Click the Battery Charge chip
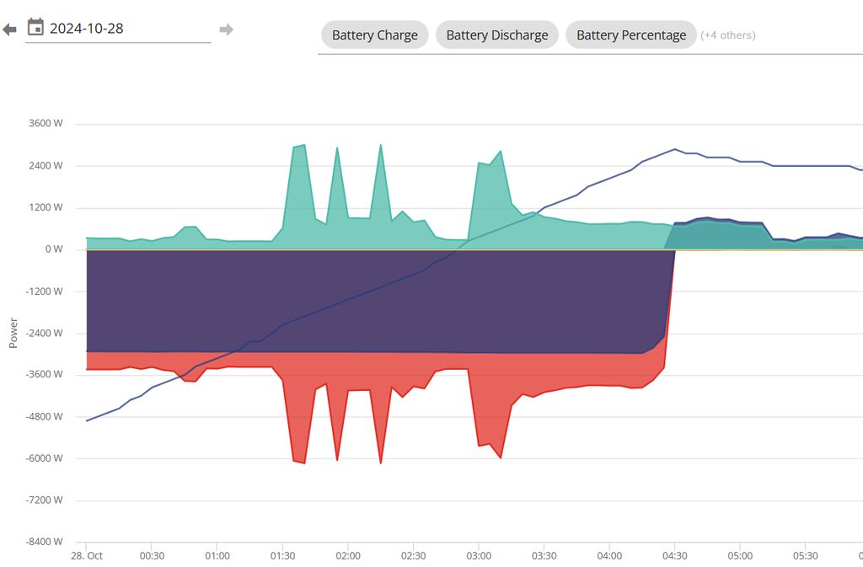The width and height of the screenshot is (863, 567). tap(374, 35)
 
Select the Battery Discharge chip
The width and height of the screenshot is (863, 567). tap(496, 35)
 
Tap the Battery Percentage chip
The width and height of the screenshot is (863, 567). tap(630, 35)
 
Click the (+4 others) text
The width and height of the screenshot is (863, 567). tap(728, 35)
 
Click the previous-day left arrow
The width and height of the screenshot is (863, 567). tap(9, 29)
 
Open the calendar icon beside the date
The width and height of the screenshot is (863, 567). tap(35, 28)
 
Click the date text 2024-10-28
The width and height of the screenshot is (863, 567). tap(87, 29)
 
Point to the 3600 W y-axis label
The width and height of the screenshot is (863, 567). tap(46, 124)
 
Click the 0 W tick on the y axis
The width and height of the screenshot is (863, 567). tap(54, 249)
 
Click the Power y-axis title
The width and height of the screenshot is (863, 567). tap(13, 333)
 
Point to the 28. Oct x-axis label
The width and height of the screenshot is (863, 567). tap(86, 556)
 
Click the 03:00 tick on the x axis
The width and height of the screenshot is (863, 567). tap(479, 556)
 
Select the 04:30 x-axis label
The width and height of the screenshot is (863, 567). tap(674, 556)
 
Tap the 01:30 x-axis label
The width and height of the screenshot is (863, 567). tap(282, 556)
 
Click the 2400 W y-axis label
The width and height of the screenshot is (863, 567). tap(46, 166)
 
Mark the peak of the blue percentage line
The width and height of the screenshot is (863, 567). tap(675, 149)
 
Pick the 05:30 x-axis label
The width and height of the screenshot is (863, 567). tap(805, 556)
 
